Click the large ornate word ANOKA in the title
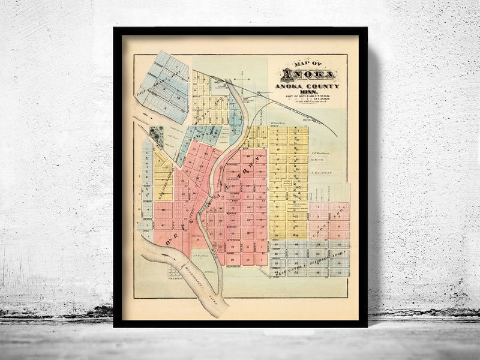[x=308, y=76]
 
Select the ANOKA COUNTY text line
[x=307, y=86]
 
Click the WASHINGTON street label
[x=234, y=266]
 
